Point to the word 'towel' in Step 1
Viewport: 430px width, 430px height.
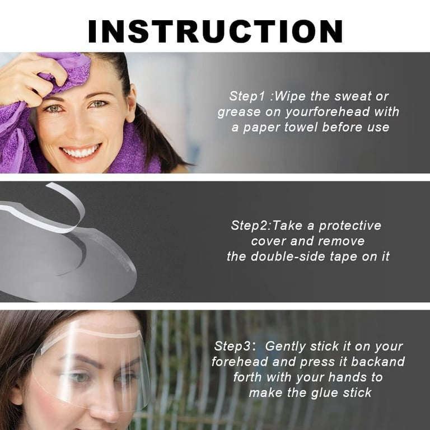coord(302,128)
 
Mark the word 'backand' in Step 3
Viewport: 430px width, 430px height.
coord(381,362)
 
